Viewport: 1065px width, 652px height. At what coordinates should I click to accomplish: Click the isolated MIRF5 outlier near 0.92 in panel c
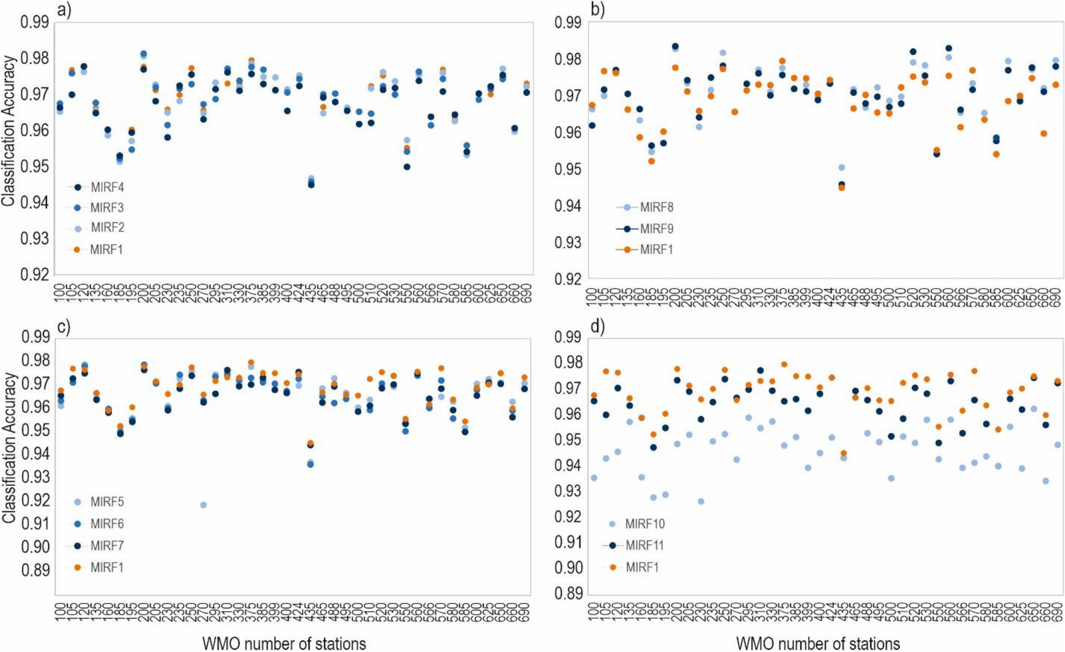[x=204, y=505]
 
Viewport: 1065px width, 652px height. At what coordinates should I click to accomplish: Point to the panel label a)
[x=63, y=10]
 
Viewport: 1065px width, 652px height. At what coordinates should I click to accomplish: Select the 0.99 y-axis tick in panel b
[x=567, y=23]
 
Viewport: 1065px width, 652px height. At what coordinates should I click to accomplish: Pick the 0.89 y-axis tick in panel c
[x=35, y=570]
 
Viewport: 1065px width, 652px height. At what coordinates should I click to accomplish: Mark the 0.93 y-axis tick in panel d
[x=567, y=491]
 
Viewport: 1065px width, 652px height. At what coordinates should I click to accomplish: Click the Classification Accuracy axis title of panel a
[x=8, y=131]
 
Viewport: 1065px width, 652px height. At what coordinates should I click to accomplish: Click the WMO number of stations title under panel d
[x=818, y=644]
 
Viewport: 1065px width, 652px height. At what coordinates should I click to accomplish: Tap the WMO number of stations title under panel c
[x=284, y=644]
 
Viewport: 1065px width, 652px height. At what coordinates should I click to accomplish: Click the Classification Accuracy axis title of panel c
[x=8, y=447]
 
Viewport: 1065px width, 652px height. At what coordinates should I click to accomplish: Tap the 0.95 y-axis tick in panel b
[x=567, y=169]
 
